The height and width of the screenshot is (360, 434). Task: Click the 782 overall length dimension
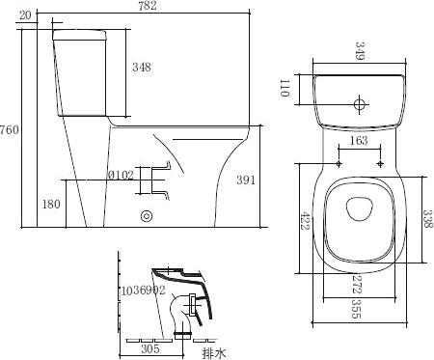pos(148,6)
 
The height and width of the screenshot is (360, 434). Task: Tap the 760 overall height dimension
pos(10,130)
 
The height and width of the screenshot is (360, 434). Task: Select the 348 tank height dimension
pos(142,67)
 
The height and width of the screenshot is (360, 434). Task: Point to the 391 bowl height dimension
pos(246,180)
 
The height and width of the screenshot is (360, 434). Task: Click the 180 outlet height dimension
pos(51,204)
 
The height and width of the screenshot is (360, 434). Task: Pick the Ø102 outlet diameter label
pos(121,176)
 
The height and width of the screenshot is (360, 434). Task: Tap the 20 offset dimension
pos(25,15)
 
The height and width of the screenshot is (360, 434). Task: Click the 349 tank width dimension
pos(360,51)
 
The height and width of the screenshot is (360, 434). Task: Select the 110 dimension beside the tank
pos(285,88)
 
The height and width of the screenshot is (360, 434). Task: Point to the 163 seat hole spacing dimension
pos(359,141)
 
